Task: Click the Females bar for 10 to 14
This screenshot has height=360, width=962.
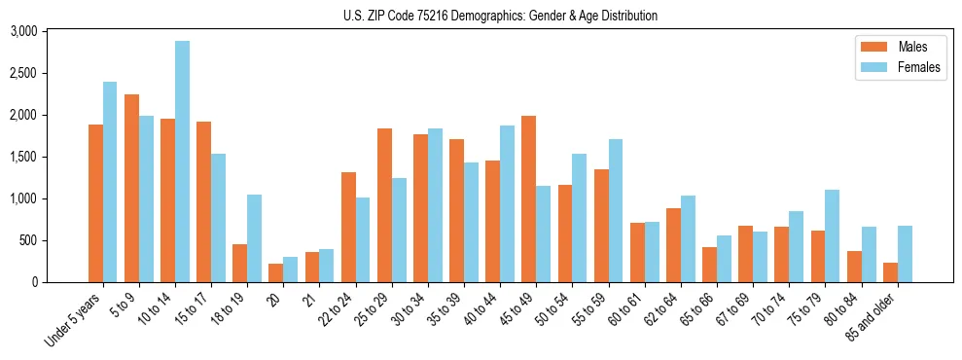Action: point(182,162)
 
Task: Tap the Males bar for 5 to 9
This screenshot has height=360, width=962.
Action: point(132,188)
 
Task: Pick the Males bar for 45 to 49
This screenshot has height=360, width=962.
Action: point(528,198)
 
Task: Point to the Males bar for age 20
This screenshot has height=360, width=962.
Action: point(276,272)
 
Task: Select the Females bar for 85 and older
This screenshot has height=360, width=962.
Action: point(905,254)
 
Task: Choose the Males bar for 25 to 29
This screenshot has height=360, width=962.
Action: point(384,205)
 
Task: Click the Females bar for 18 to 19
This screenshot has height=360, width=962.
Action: point(254,238)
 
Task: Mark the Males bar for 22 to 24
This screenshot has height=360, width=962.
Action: point(348,227)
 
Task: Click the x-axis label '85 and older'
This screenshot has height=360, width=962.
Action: point(884,314)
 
